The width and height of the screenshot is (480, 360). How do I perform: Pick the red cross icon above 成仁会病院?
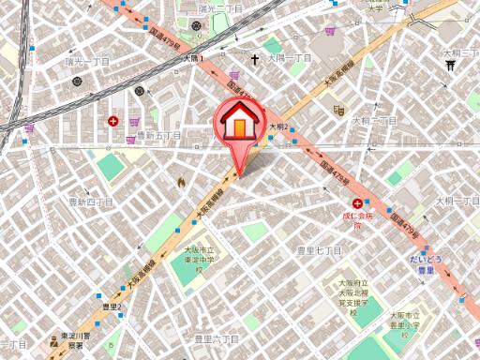click(x=357, y=203)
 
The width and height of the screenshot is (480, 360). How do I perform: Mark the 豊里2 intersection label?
click(x=112, y=306)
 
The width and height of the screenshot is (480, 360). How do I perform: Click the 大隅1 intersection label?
click(x=192, y=58)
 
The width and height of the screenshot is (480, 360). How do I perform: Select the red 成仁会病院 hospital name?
click(x=357, y=220)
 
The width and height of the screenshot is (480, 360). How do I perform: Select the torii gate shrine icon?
click(x=450, y=66)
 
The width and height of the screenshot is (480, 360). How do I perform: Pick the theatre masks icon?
click(x=337, y=110)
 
